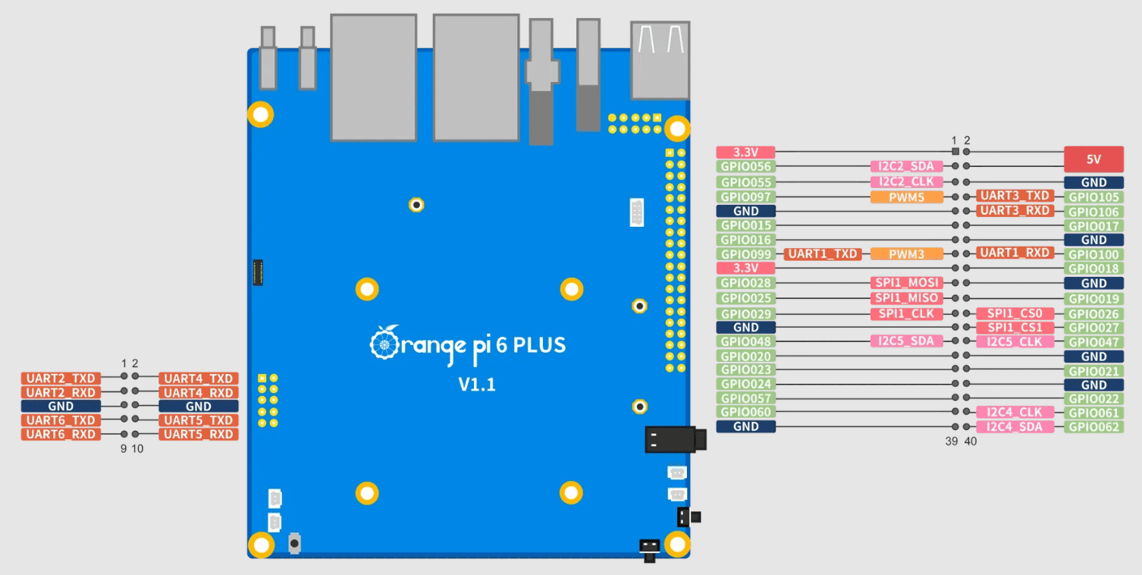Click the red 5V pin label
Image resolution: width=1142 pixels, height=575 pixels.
[x=1093, y=159]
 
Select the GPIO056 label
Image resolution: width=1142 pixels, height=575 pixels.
[x=746, y=166]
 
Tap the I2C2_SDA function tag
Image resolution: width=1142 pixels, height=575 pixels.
[x=907, y=166]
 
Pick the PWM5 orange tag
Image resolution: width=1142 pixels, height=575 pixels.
[x=907, y=197]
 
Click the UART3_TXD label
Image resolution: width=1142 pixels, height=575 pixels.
[x=1015, y=196]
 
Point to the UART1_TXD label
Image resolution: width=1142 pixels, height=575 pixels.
[x=823, y=254]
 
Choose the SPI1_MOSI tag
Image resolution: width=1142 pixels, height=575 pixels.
[x=907, y=283]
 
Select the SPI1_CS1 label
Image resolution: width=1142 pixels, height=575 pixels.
[x=1015, y=328]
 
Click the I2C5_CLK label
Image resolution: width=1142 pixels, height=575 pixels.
[x=1015, y=341]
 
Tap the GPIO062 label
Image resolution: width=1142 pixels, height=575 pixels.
[x=1093, y=427]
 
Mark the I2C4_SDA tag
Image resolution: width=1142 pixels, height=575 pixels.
[x=1015, y=427]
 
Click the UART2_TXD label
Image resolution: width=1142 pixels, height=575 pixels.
[x=61, y=379]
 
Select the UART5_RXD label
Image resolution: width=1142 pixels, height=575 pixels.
[x=199, y=435]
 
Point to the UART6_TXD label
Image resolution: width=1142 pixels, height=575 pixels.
[x=61, y=420]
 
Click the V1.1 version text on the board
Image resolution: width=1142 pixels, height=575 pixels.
[x=477, y=385]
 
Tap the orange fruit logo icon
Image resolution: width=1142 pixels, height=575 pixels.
[x=384, y=344]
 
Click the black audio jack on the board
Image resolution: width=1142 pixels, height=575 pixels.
[x=674, y=439]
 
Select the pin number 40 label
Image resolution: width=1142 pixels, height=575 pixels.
[x=971, y=441]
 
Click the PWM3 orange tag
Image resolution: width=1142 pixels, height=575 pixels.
[x=907, y=254]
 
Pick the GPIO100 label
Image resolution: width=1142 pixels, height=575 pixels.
[x=1093, y=255]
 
